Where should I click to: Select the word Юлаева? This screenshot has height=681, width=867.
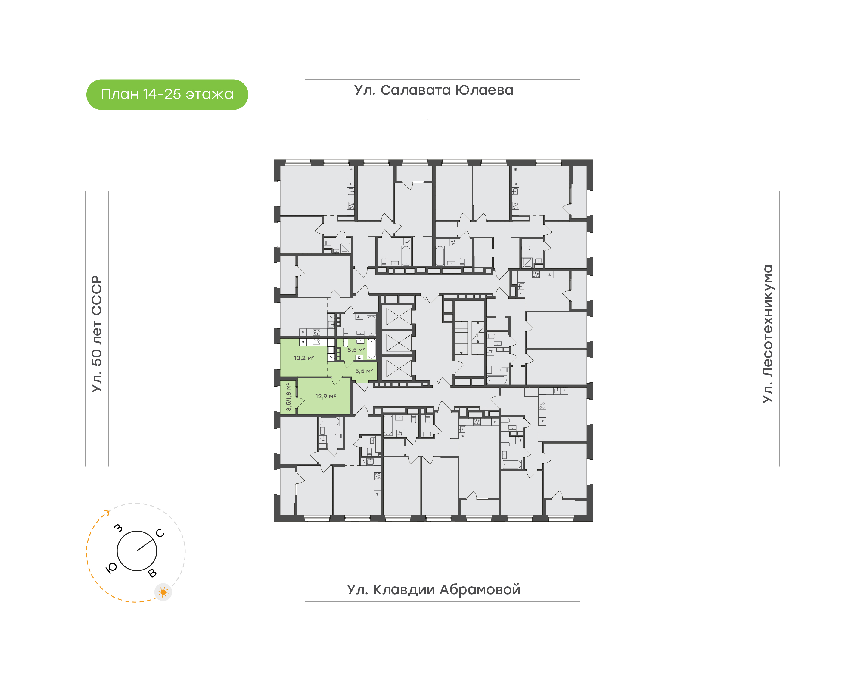tap(484, 90)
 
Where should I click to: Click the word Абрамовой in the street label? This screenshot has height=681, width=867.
tap(480, 590)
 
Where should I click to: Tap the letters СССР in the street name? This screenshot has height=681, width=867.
tap(97, 295)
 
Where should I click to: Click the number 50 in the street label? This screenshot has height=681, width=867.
tap(97, 357)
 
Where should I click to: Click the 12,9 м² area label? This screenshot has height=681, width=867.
tap(325, 396)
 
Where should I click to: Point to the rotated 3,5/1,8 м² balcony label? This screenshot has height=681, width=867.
tap(288, 397)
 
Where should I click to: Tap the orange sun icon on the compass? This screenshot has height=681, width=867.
tap(163, 592)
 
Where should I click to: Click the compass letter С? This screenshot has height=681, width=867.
tap(160, 533)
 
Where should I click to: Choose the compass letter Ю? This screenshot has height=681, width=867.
tap(111, 568)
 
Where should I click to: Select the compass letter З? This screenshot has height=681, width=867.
tap(118, 528)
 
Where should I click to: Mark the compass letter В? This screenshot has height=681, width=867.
tap(152, 573)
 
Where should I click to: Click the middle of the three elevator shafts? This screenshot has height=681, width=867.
tap(399, 343)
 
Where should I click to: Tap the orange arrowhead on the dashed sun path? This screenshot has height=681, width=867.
tap(107, 512)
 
